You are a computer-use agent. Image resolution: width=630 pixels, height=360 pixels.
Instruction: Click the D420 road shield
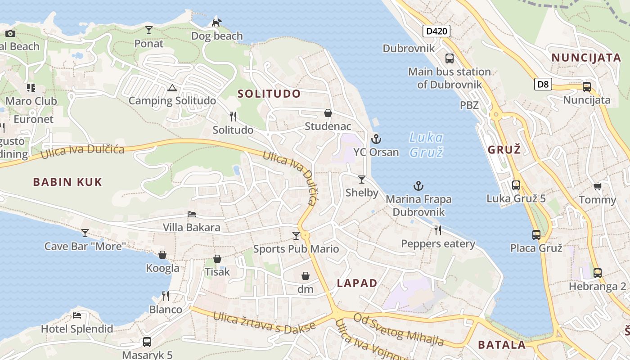pos(436,31)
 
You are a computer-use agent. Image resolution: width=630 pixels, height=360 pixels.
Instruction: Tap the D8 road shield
pos(543,84)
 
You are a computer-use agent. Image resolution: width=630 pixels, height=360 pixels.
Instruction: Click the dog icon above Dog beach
pos(217,22)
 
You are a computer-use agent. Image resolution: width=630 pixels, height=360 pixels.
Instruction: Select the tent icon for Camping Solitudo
pos(171,88)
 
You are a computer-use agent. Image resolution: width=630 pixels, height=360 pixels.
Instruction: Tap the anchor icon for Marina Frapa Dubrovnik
pos(418,185)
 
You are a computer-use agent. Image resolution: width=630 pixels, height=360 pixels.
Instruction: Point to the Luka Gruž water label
pos(426,144)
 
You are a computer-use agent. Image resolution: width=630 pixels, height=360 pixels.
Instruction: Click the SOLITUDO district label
pos(269,94)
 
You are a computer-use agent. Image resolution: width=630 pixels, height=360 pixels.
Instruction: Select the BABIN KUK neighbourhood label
pos(67,182)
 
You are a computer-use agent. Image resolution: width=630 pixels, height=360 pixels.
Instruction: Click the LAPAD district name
pos(357,283)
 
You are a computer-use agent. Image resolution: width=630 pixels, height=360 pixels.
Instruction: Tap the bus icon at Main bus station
pos(449,58)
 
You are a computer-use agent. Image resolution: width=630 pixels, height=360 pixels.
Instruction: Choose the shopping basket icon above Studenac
pos(328,113)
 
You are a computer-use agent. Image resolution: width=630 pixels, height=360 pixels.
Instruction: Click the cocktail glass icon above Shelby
pos(361,180)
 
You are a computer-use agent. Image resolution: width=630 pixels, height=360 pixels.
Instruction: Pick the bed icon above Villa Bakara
pos(192,214)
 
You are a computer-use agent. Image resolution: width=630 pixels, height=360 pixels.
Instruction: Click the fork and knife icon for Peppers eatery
pos(438,230)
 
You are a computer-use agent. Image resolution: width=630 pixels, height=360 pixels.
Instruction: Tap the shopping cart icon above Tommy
pos(597,187)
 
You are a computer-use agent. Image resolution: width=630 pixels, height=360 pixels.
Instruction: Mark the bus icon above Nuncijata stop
pos(586,87)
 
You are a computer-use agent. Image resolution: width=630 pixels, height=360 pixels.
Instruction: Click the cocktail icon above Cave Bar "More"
pos(85,233)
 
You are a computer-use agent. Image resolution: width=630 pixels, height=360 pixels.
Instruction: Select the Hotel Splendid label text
pos(77,329)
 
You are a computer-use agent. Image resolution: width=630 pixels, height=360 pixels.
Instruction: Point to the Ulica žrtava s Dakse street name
pos(264,323)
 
